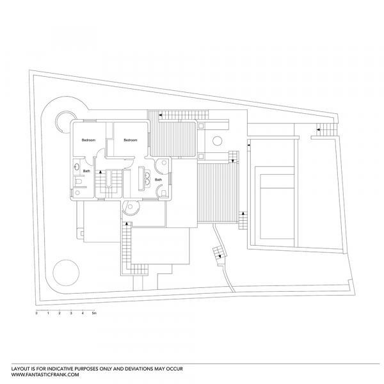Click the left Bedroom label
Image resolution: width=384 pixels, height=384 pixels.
[x=88, y=140]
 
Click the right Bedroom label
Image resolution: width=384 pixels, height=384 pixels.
[x=131, y=140]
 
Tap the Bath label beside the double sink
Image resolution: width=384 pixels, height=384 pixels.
[x=159, y=180]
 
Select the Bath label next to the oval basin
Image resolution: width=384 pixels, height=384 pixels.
[x=86, y=171]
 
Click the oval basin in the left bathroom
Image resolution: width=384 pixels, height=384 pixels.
[x=77, y=167]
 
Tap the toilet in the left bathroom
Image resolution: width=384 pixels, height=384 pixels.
[x=78, y=182]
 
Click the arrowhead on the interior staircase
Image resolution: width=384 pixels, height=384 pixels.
[x=100, y=172]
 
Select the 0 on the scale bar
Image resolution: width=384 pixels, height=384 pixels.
[x=36, y=313]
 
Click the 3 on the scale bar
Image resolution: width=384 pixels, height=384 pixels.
[x=71, y=313]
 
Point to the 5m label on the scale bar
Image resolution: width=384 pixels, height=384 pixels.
[x=94, y=313]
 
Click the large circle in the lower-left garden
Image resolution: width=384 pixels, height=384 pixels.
[x=66, y=273]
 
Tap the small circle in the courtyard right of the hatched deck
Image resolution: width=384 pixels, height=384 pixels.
[x=217, y=141]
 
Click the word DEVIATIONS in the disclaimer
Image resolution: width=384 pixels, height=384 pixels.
[x=139, y=369]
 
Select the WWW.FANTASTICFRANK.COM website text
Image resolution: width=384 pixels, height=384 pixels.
[x=45, y=374]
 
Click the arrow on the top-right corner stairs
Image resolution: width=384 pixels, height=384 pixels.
[x=318, y=129]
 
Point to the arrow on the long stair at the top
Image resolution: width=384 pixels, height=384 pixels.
[x=161, y=115]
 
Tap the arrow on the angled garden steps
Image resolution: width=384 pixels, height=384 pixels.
[x=220, y=257]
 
